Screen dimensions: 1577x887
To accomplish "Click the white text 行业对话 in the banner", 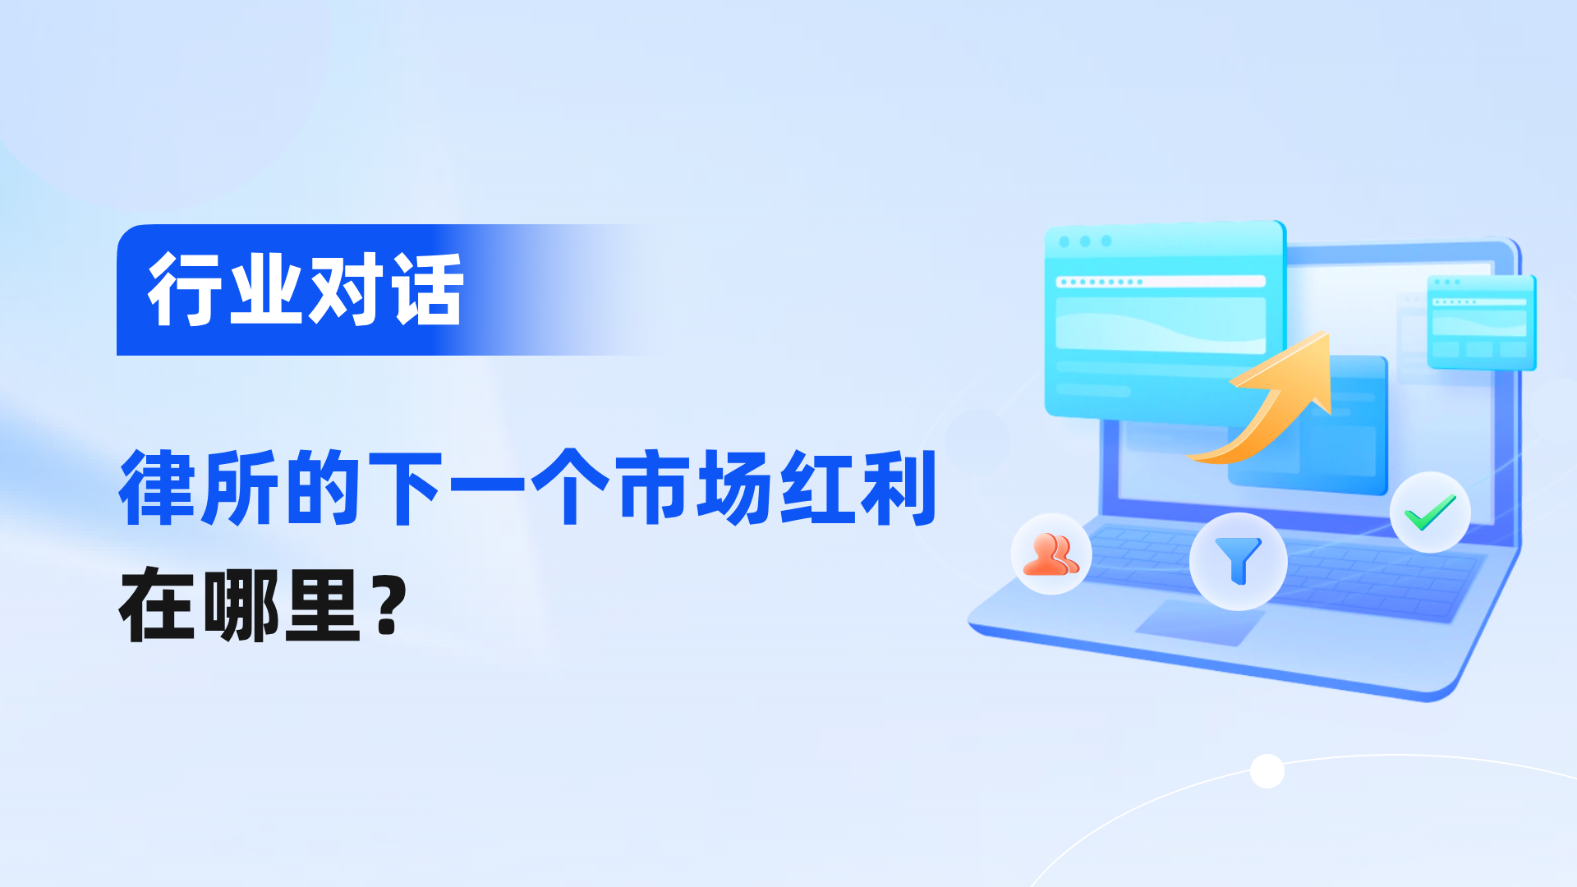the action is (x=306, y=289).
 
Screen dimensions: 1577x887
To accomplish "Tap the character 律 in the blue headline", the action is (x=158, y=487).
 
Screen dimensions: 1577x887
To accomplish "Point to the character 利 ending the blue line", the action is (x=899, y=487).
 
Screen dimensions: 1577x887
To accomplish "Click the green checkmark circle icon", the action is (x=1430, y=512).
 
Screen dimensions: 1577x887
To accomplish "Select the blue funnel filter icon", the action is (x=1238, y=561).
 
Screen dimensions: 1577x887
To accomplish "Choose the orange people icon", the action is (x=1051, y=554).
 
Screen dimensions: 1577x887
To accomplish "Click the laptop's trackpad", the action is (x=1199, y=622).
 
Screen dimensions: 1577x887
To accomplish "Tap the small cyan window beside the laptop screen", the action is (x=1482, y=322).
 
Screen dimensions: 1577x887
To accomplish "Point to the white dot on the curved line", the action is (x=1267, y=771).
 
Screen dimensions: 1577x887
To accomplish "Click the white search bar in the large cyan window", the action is (x=1161, y=282).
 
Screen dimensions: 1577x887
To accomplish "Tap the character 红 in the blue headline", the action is (x=816, y=487).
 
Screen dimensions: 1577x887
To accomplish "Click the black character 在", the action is (x=158, y=605).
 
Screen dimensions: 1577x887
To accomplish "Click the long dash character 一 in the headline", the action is (x=488, y=484).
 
